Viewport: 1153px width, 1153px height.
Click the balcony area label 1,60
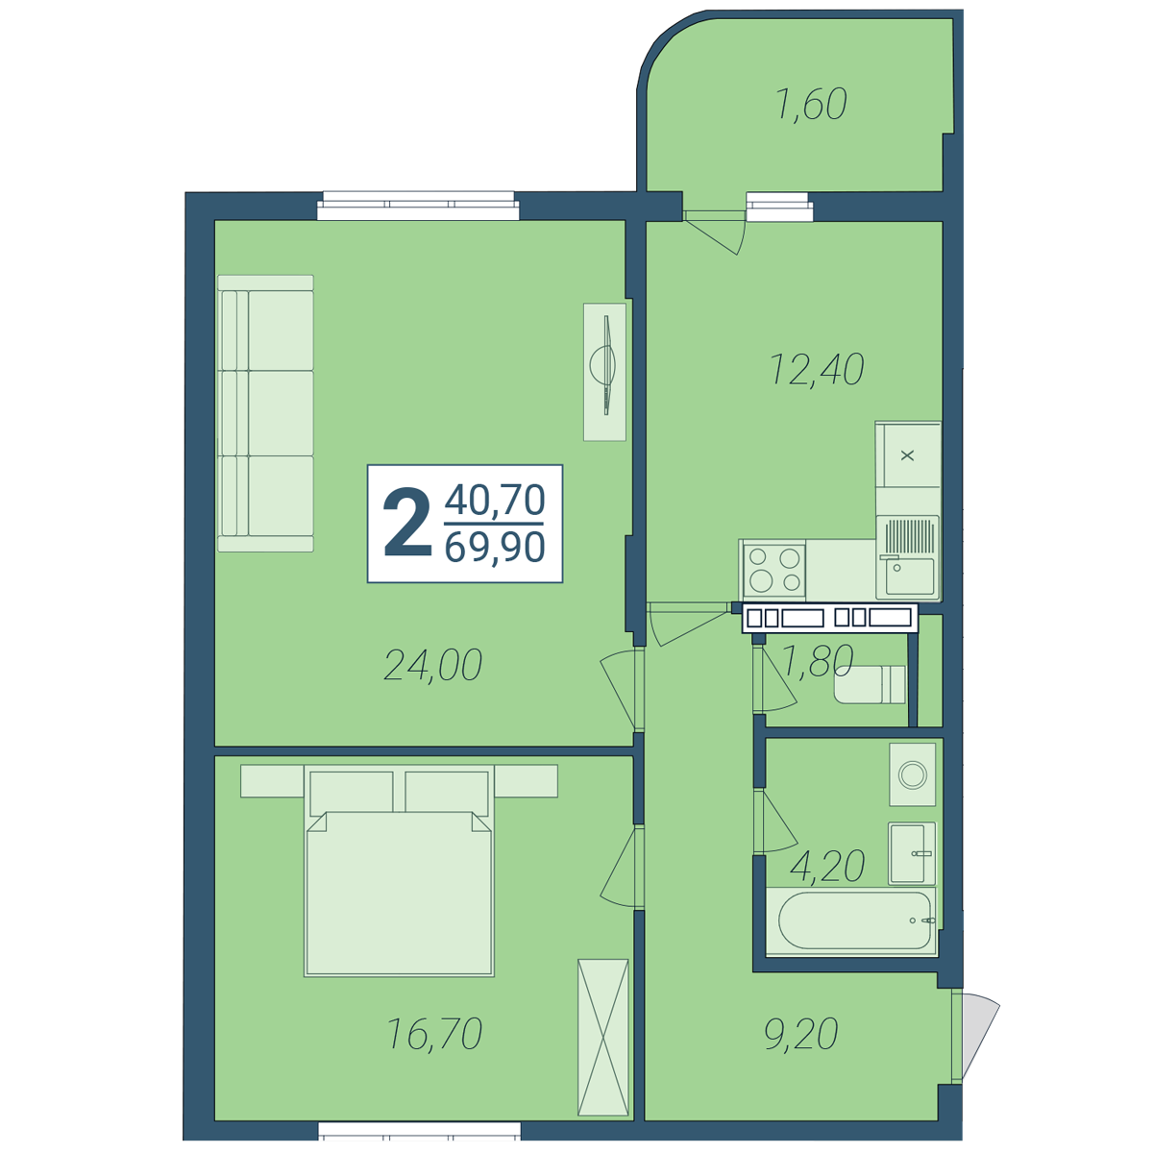tap(811, 105)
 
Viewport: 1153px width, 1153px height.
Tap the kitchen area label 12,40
tap(816, 369)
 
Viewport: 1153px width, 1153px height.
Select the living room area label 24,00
tap(432, 665)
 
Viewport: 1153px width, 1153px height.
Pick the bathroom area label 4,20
tap(827, 866)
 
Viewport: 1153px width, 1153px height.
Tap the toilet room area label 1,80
tap(818, 660)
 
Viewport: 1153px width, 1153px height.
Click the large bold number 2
tap(407, 523)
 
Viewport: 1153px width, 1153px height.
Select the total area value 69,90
tap(495, 547)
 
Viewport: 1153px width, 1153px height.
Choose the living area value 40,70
tap(495, 500)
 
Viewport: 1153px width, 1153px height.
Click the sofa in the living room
tap(265, 413)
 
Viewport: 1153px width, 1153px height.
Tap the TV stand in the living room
tap(605, 372)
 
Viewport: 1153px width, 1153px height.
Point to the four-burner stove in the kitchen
tap(774, 570)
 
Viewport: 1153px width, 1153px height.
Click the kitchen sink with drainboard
tap(908, 557)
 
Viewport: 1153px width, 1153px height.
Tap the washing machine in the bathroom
tap(912, 774)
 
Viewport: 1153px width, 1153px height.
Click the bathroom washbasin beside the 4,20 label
tap(912, 853)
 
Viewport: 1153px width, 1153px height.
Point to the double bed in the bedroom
tap(399, 871)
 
